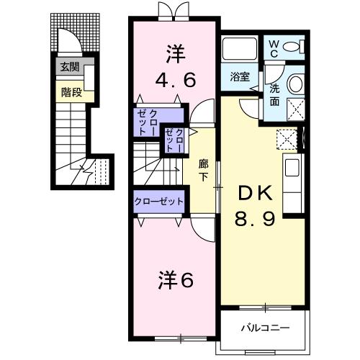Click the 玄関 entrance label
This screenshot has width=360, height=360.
tap(69, 69)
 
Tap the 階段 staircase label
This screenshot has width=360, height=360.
tap(71, 91)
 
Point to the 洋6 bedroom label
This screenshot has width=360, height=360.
tap(174, 281)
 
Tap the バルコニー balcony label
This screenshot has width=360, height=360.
tap(266, 328)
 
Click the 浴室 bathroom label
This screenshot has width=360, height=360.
tap(240, 75)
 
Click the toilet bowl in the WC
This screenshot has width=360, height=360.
tap(293, 48)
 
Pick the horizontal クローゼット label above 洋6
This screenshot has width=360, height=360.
tap(159, 202)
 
